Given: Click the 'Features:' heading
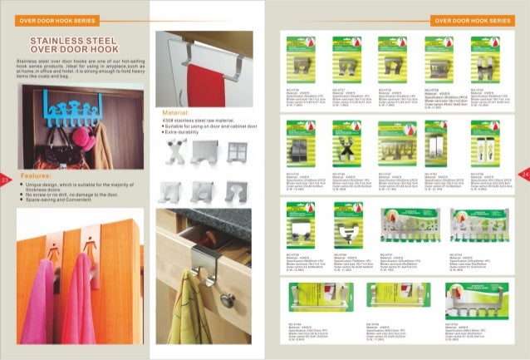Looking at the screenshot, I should pyautogui.click(x=39, y=176).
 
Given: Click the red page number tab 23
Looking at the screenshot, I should pyautogui.click(x=5, y=180).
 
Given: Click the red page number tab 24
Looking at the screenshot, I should pyautogui.click(x=524, y=172).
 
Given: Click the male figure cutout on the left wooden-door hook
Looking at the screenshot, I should pyautogui.click(x=52, y=247).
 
